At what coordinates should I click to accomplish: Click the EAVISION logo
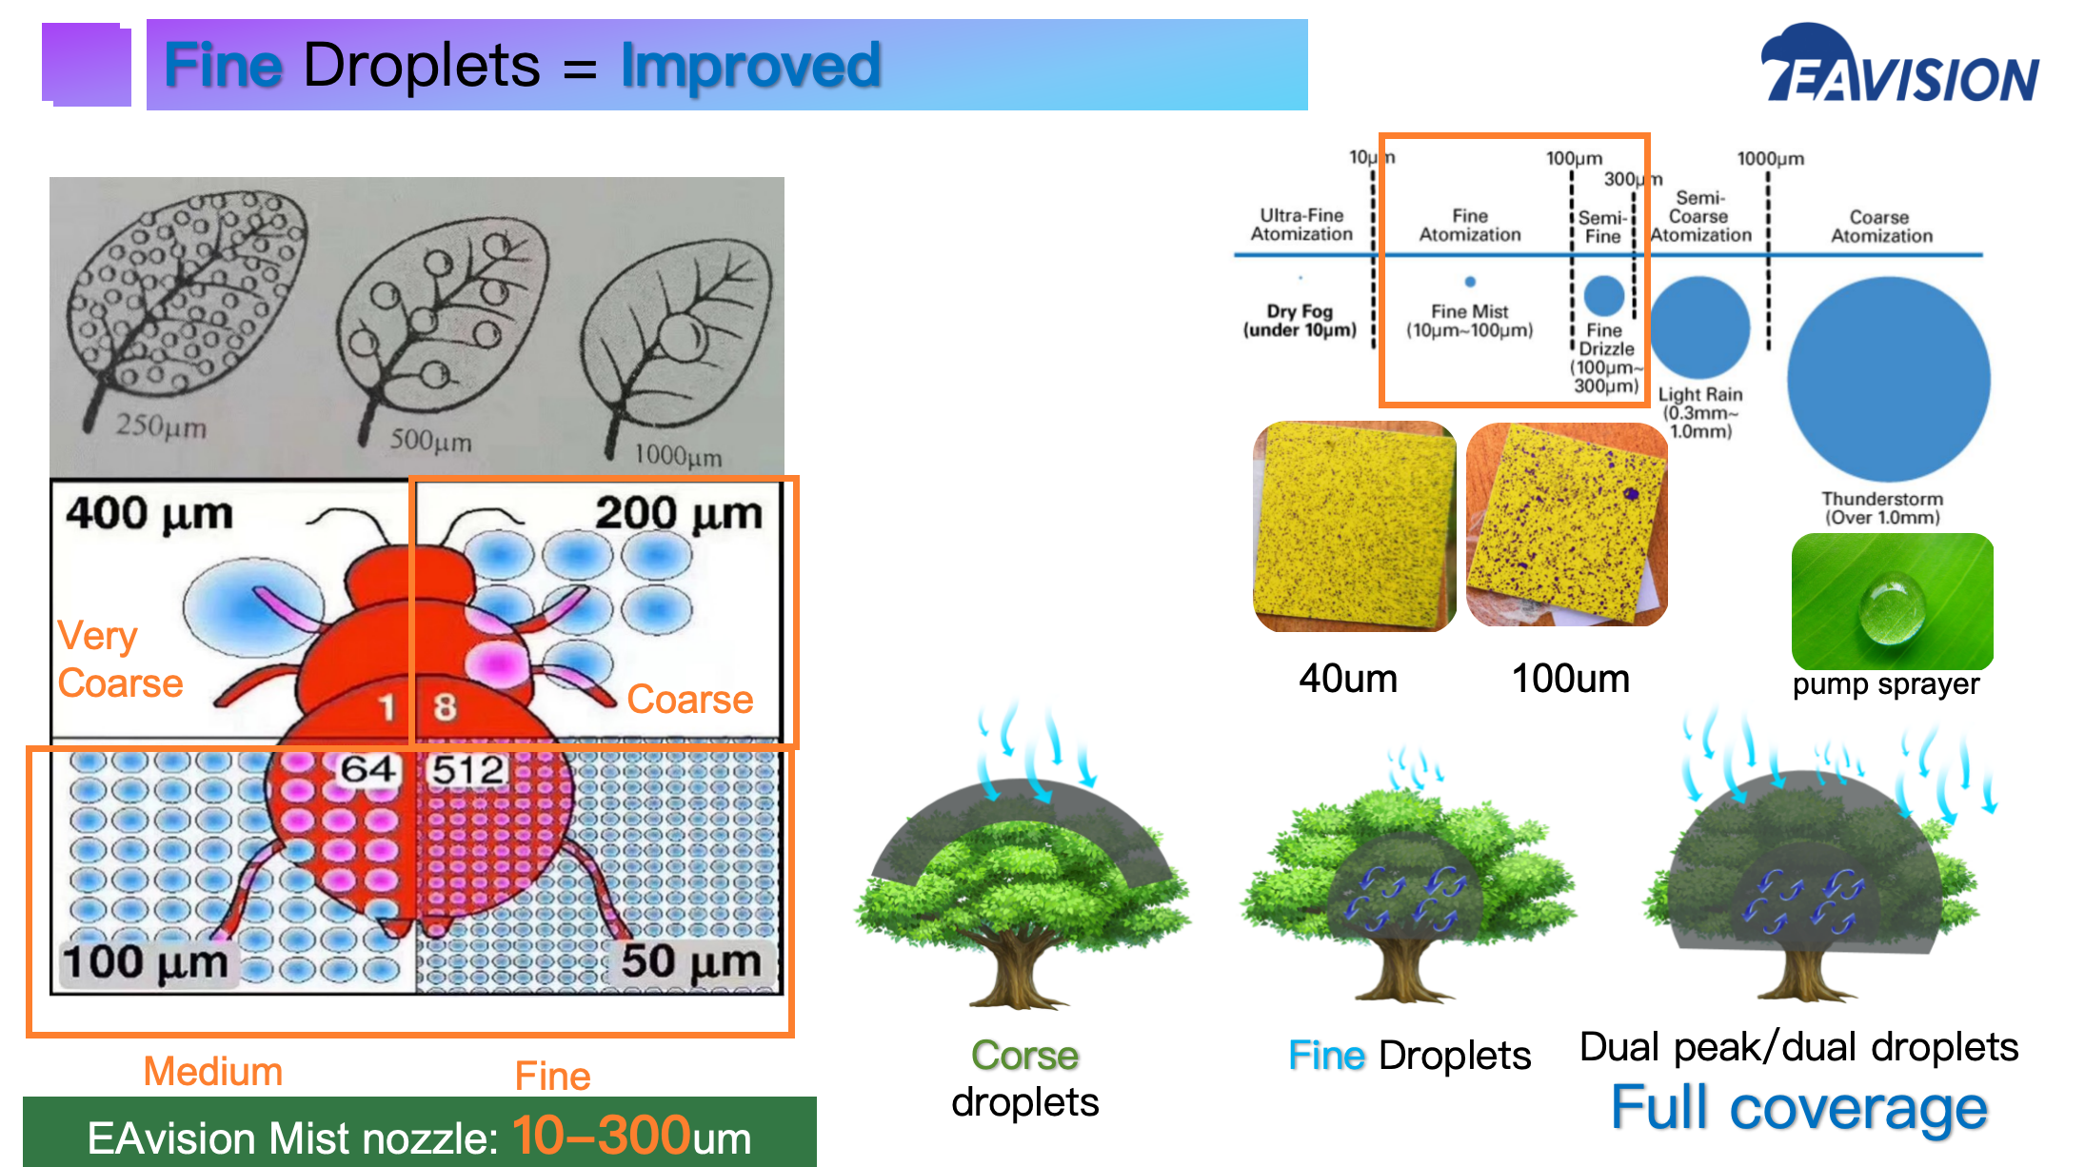(x=1900, y=64)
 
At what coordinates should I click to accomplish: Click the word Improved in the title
(x=750, y=66)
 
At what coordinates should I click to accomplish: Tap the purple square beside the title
(x=87, y=64)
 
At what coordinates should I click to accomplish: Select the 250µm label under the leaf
(x=161, y=425)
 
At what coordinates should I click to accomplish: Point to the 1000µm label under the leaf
(x=678, y=456)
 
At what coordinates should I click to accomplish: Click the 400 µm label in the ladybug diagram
(x=149, y=514)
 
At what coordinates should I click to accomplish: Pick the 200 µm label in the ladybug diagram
(x=679, y=514)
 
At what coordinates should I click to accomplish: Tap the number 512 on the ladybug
(x=467, y=769)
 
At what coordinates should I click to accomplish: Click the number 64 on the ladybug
(x=368, y=769)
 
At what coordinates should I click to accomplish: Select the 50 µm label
(x=691, y=960)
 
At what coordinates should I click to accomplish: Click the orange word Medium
(x=213, y=1072)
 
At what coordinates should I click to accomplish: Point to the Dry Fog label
(x=1300, y=321)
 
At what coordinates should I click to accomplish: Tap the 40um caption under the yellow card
(x=1348, y=679)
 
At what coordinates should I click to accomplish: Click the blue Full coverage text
(x=1799, y=1108)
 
